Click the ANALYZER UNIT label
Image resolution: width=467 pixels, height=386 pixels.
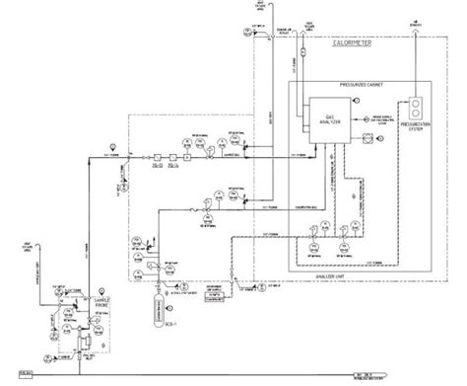pos(346,277)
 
